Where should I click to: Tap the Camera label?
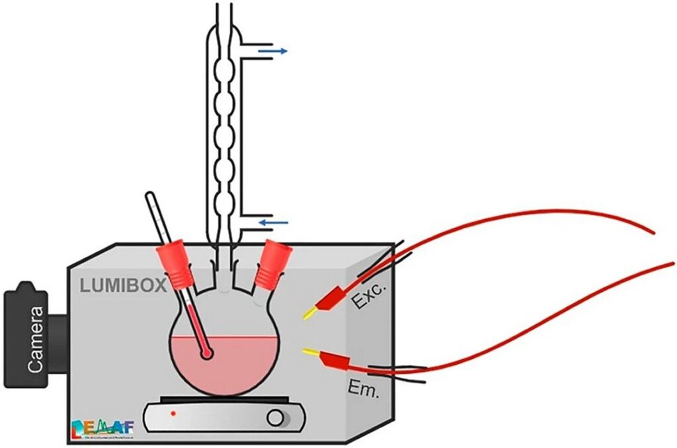coord(34,339)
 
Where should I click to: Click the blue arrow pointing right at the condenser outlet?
coord(273,50)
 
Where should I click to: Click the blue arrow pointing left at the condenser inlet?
coord(272,223)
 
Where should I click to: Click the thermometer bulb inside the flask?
coord(208,354)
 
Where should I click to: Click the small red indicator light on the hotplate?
coord(173,414)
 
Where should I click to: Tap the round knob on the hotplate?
coord(276,418)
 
